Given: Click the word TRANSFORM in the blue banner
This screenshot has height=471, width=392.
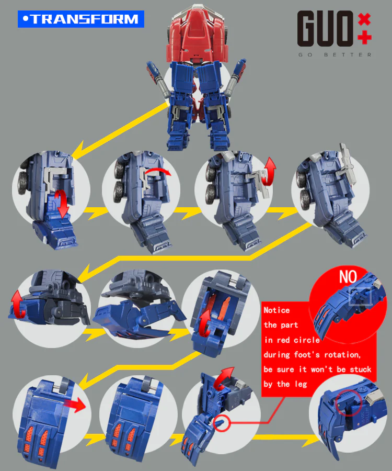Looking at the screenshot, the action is [x=85, y=19].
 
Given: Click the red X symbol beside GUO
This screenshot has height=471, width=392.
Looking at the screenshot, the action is [x=364, y=20].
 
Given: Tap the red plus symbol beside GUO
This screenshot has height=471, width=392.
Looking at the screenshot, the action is [x=365, y=38].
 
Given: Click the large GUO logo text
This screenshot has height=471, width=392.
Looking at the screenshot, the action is [x=326, y=29].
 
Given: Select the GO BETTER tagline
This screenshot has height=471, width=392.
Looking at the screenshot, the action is [x=335, y=54].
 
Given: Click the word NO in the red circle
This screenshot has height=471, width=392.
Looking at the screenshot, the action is [x=348, y=277].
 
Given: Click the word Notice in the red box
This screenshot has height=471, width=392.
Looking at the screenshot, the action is [x=276, y=310].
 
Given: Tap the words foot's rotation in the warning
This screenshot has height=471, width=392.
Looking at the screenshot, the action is [x=327, y=355].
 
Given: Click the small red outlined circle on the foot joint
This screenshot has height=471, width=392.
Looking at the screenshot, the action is [x=222, y=423].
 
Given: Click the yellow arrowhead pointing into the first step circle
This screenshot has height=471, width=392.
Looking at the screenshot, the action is [x=77, y=152].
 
